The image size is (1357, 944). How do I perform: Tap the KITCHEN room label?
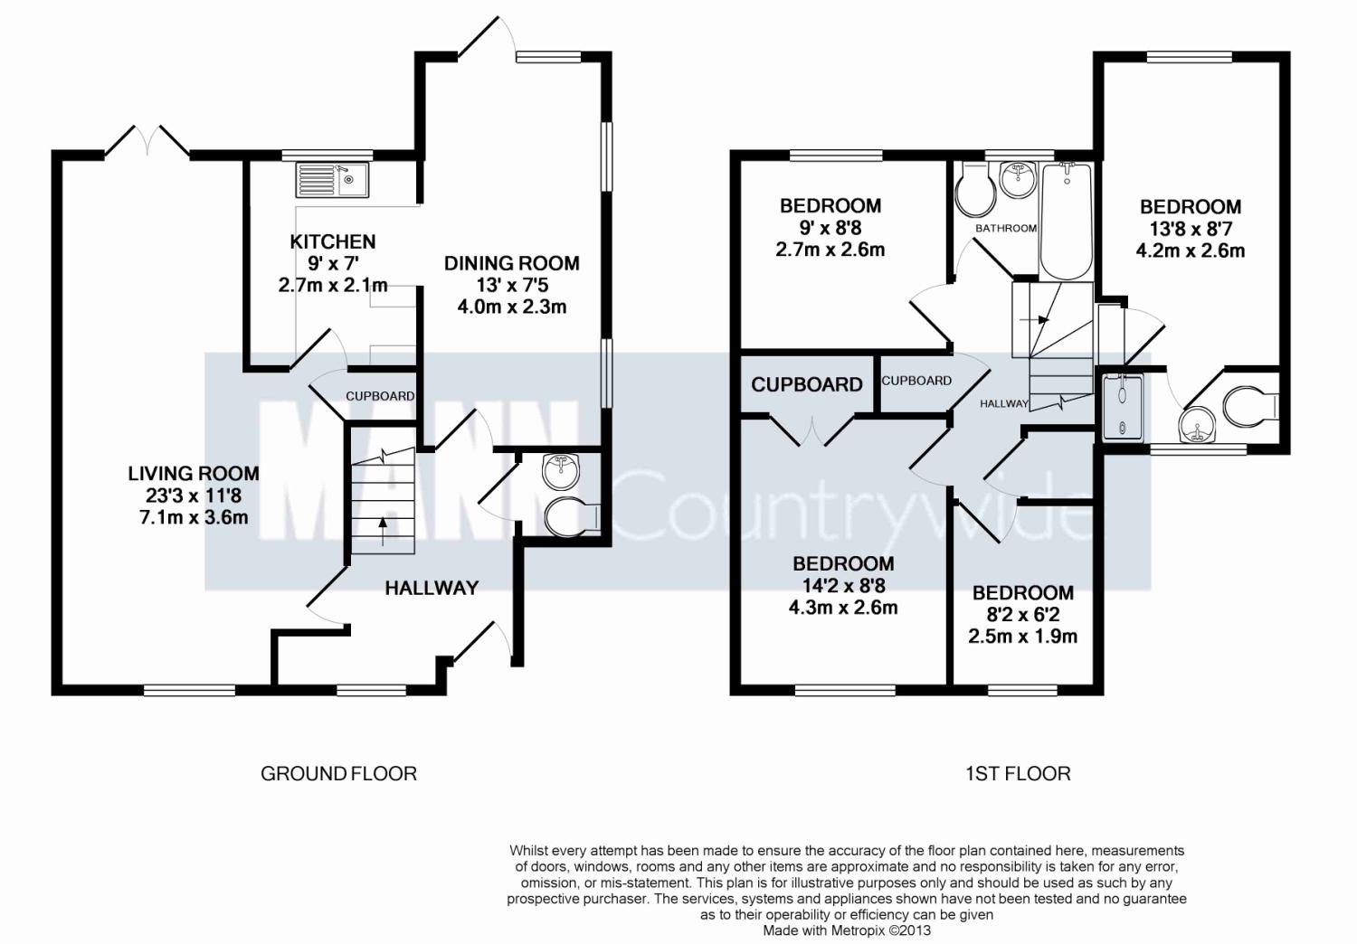click(x=332, y=241)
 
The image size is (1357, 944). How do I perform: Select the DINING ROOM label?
click(x=511, y=263)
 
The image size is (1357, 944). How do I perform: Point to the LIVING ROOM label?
click(x=193, y=473)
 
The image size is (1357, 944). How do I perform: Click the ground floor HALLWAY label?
click(x=432, y=588)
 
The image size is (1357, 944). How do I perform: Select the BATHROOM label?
click(x=1005, y=228)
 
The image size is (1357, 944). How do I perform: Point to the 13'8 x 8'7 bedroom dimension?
click(x=1190, y=229)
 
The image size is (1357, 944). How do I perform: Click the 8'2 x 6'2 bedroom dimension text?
click(x=1022, y=615)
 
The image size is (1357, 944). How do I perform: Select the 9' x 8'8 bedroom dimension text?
click(x=830, y=228)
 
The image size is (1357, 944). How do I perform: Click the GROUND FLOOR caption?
click(x=338, y=773)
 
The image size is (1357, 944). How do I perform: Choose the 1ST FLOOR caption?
click(x=1018, y=773)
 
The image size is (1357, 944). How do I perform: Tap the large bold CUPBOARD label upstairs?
click(x=806, y=384)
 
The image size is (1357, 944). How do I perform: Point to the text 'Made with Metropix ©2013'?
click(x=847, y=930)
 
